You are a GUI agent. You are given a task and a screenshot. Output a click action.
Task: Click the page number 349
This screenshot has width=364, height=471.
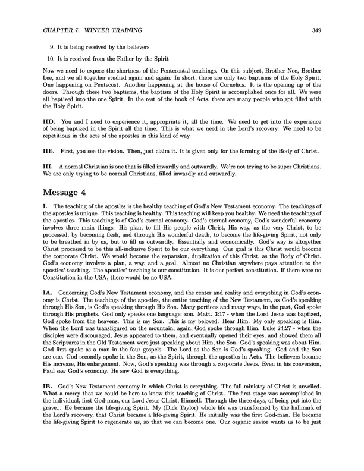321,30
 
